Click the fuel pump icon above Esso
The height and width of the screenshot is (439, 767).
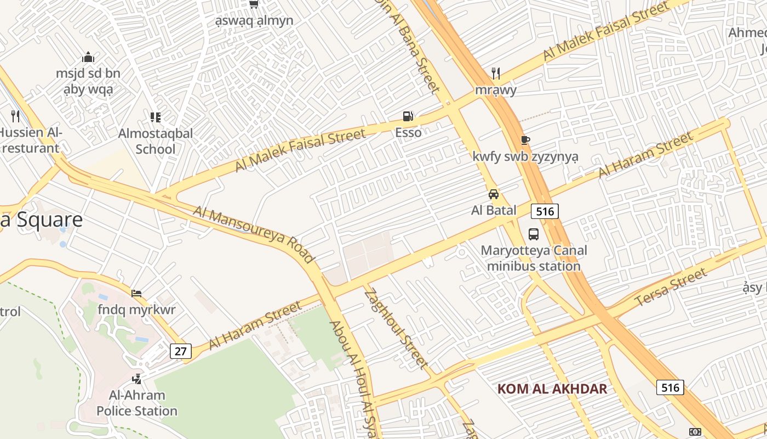tap(408, 116)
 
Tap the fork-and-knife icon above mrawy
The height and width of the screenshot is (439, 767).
tap(496, 74)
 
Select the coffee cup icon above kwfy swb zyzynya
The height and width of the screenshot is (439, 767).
tap(525, 140)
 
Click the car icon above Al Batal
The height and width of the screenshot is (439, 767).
tap(494, 194)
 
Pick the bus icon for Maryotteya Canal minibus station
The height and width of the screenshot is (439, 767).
tap(533, 234)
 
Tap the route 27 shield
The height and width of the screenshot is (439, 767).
tap(180, 351)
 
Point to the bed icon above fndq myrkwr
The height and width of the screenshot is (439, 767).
tap(136, 294)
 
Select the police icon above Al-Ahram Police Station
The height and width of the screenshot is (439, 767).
tap(136, 379)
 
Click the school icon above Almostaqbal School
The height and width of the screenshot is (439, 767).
tap(156, 117)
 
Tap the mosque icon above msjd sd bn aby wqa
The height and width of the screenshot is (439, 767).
tap(88, 57)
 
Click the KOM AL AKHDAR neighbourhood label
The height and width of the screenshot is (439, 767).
tap(552, 389)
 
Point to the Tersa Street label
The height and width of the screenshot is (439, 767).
tap(671, 288)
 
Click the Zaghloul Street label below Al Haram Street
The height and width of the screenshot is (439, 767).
tap(396, 327)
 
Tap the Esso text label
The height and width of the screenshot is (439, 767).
tap(409, 132)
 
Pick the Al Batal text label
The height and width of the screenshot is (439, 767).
tap(494, 210)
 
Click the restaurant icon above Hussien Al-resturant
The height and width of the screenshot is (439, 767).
tap(15, 116)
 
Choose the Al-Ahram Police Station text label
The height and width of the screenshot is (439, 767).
tap(137, 403)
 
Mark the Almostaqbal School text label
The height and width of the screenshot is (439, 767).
tap(156, 141)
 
